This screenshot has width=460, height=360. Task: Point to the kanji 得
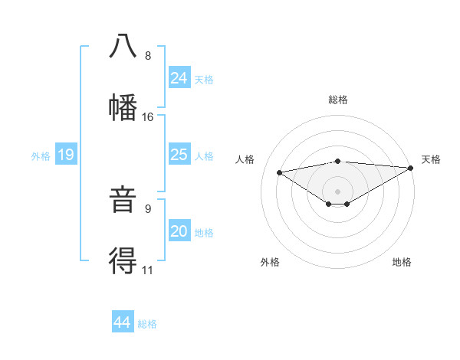[123, 261]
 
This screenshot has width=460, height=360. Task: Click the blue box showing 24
[179, 77]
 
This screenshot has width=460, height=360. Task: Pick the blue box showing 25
[179, 155]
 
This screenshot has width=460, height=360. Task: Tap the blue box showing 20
[179, 231]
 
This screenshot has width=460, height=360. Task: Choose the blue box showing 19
[66, 155]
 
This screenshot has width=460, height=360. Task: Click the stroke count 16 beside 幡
[148, 117]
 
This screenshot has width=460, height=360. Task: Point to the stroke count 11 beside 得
[148, 270]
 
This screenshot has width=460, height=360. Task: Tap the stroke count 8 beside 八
[148, 56]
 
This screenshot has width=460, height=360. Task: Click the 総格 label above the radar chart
[338, 100]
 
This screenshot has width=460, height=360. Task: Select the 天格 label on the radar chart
[431, 159]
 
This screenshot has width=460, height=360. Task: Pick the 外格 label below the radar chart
[270, 262]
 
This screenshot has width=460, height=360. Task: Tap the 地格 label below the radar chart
[402, 262]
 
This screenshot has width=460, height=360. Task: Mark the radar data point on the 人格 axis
[279, 172]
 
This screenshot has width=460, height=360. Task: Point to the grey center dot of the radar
[337, 191]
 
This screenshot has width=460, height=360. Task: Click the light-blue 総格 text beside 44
[147, 324]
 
